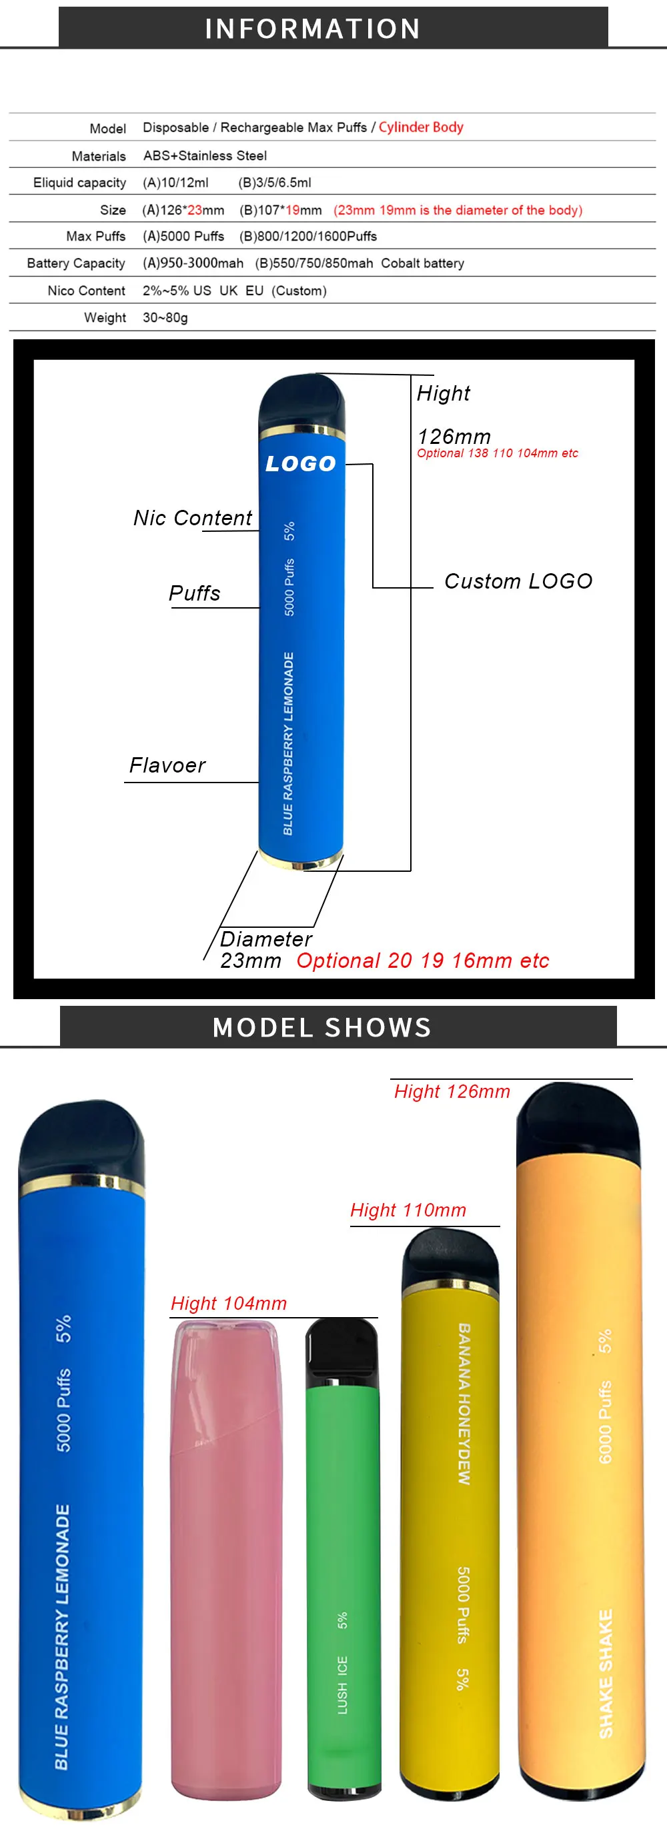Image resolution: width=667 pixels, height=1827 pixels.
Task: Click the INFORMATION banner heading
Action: pyautogui.click(x=312, y=29)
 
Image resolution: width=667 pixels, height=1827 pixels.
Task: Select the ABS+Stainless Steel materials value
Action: pyautogui.click(x=205, y=155)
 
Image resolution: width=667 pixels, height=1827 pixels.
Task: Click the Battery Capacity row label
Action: pyautogui.click(x=76, y=264)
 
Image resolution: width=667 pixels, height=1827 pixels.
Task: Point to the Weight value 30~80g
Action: pyautogui.click(x=165, y=318)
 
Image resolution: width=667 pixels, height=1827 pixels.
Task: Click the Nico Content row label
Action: pyautogui.click(x=86, y=291)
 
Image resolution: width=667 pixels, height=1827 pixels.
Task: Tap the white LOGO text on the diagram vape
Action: pyautogui.click(x=300, y=464)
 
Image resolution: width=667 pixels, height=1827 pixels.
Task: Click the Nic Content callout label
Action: pyautogui.click(x=192, y=518)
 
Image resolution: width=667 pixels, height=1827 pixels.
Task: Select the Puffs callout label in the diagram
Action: pyautogui.click(x=194, y=593)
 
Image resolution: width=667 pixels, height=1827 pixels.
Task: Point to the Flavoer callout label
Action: pyautogui.click(x=167, y=765)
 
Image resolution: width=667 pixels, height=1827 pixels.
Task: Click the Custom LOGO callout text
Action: pyautogui.click(x=518, y=582)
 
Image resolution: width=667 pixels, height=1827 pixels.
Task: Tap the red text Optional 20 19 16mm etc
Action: pyautogui.click(x=423, y=960)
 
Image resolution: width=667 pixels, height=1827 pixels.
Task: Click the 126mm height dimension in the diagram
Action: pyautogui.click(x=454, y=436)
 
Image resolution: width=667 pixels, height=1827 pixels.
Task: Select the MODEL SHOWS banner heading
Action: pyautogui.click(x=322, y=1027)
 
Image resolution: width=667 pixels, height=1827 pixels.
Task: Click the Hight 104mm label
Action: pyautogui.click(x=229, y=1304)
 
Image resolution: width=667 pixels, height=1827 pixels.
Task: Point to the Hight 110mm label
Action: pyautogui.click(x=408, y=1210)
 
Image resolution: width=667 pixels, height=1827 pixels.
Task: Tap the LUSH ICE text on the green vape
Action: pyautogui.click(x=343, y=1685)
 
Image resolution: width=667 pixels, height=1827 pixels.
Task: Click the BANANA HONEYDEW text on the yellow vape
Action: pyautogui.click(x=464, y=1404)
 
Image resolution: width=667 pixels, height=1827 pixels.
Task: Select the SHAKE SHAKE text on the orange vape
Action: pyautogui.click(x=605, y=1674)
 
